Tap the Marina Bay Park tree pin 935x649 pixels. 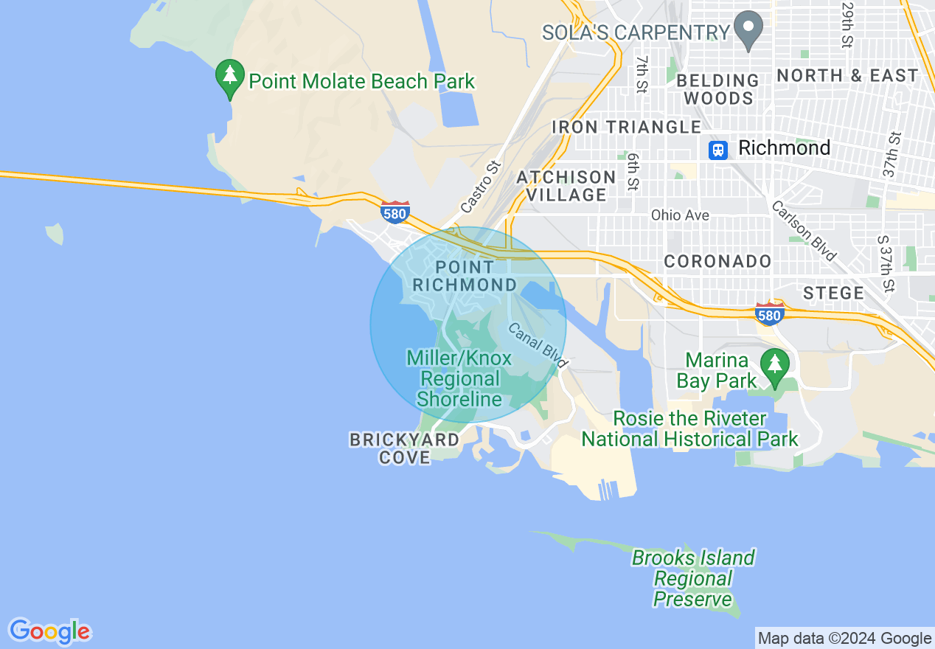point(774,367)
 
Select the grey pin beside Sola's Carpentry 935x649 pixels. point(749,31)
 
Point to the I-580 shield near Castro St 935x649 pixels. point(395,212)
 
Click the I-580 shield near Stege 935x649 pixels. point(769,313)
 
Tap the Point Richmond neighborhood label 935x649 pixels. point(465,276)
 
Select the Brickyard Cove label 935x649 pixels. point(404,448)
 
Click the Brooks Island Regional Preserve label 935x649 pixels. point(693,578)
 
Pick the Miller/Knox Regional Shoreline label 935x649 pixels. point(459,379)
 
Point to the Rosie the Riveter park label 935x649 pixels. point(689,428)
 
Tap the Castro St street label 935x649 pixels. point(481,187)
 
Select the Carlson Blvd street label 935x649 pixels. point(804,230)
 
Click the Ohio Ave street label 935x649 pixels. point(680,215)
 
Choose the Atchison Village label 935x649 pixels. point(566,186)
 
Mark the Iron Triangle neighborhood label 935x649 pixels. point(626,127)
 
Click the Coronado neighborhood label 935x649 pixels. point(717,261)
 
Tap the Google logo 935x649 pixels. point(49,631)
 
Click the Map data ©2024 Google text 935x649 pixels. point(845,639)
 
